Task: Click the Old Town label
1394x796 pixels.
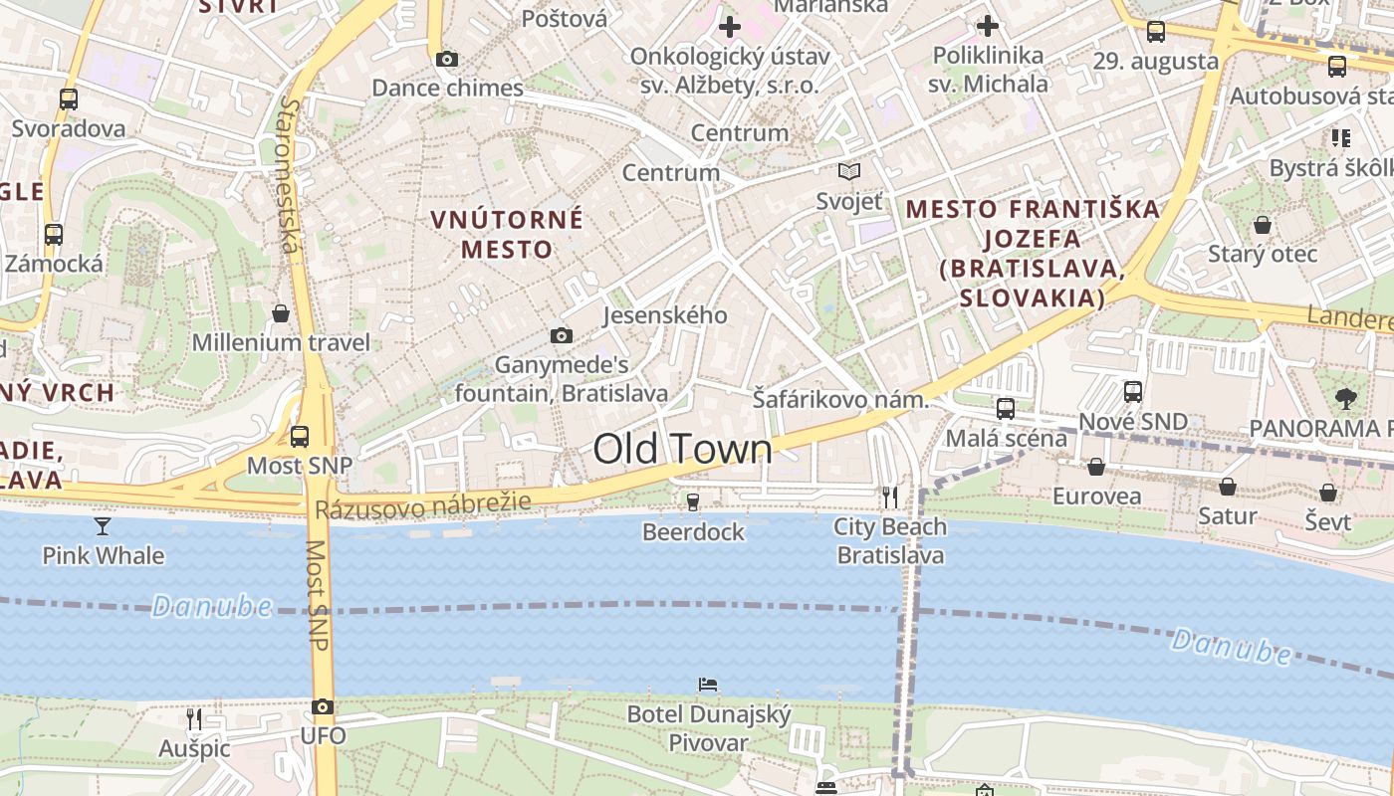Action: pyautogui.click(x=682, y=450)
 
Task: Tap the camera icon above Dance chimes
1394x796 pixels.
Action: pyautogui.click(x=447, y=60)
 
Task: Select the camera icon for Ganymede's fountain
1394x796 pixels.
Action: pyautogui.click(x=562, y=336)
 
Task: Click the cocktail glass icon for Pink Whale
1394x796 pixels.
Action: pyautogui.click(x=103, y=525)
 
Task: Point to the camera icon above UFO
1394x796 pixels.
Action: pyautogui.click(x=323, y=707)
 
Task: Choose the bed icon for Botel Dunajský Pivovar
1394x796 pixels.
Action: pyautogui.click(x=708, y=685)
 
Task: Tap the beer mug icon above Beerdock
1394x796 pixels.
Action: pyautogui.click(x=693, y=501)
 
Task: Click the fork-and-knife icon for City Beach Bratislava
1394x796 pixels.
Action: pyautogui.click(x=890, y=496)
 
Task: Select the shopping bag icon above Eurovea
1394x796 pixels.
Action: pyautogui.click(x=1096, y=467)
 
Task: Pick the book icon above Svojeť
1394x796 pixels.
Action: pyautogui.click(x=848, y=172)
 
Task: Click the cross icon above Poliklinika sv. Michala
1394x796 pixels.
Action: pyautogui.click(x=987, y=26)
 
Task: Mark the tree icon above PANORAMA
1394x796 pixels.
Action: pyautogui.click(x=1345, y=399)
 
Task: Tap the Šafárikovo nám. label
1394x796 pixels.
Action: pyautogui.click(x=840, y=400)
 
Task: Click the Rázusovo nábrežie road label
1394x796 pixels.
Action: pyautogui.click(x=423, y=506)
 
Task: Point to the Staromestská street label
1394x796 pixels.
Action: pyautogui.click(x=289, y=174)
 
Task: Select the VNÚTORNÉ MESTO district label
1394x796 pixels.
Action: pyautogui.click(x=507, y=234)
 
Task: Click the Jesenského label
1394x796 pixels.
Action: pyautogui.click(x=665, y=315)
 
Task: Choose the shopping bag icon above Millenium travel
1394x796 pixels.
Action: pyautogui.click(x=281, y=313)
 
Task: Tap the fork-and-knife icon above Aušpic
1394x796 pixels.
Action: pyautogui.click(x=194, y=718)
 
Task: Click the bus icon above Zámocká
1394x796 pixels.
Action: pyautogui.click(x=54, y=235)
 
